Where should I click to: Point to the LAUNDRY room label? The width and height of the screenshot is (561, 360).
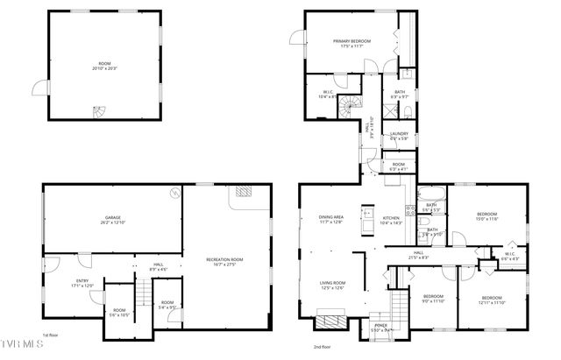click(399, 134)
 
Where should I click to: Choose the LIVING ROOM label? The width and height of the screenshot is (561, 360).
click(331, 283)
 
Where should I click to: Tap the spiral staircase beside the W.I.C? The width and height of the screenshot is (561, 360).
click(350, 107)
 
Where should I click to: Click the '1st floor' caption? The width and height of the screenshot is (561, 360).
click(52, 335)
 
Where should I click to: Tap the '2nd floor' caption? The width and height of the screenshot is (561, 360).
click(323, 347)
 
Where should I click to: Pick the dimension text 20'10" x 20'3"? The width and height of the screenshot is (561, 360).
click(104, 68)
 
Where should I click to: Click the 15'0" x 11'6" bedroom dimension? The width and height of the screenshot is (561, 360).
click(486, 219)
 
